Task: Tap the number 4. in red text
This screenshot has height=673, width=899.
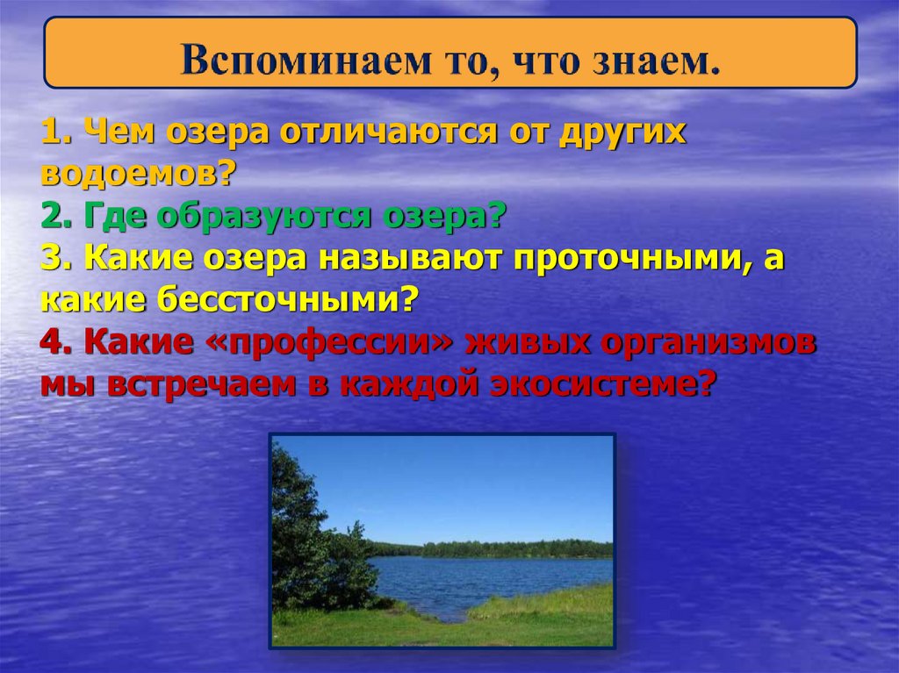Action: click(58, 343)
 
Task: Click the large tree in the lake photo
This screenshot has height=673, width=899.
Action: click(307, 535)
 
